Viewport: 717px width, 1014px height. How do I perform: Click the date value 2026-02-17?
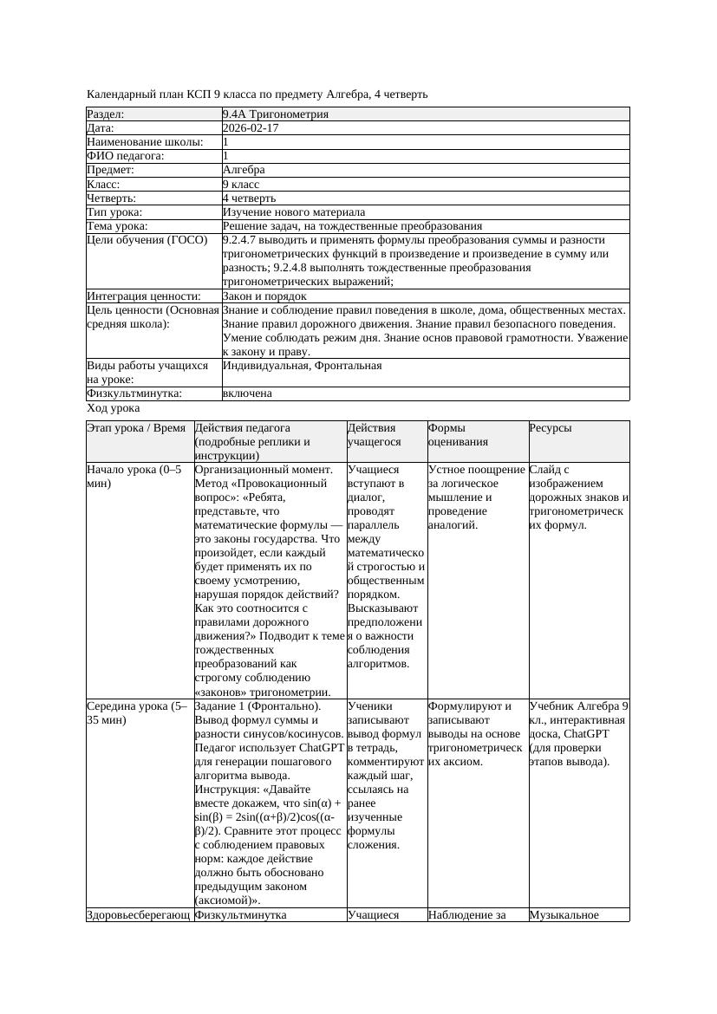tap(251, 127)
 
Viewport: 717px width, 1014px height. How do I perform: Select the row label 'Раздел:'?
tap(106, 114)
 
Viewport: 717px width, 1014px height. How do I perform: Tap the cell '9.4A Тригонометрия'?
tap(275, 114)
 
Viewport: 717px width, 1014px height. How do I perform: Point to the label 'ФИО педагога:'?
tap(126, 156)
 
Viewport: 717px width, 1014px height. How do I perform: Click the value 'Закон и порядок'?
tap(264, 296)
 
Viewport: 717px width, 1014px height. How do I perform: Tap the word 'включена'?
tap(247, 393)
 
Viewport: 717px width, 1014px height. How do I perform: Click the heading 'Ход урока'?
tap(114, 407)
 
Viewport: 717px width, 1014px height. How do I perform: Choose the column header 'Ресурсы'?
tap(551, 428)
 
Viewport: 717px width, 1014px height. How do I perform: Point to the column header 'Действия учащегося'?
tap(371, 434)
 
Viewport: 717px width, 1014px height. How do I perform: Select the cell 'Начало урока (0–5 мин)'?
tap(134, 476)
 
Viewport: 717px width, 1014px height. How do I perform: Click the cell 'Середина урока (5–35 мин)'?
tap(137, 712)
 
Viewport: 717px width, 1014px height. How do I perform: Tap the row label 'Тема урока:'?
tap(117, 225)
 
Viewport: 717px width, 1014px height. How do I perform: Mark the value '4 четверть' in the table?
tap(249, 198)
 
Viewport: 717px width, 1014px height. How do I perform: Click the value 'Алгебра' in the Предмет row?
tap(244, 170)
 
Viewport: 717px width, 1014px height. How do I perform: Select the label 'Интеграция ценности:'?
tap(143, 296)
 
